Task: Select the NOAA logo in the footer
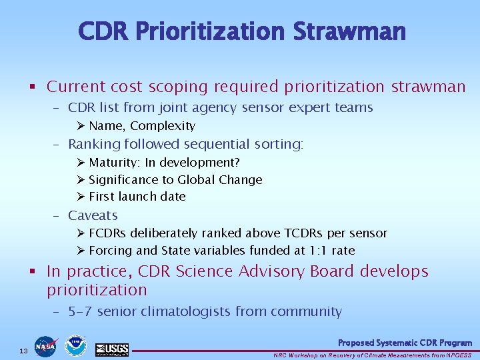75,345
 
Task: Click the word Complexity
163,126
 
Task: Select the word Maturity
112,163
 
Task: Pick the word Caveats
93,215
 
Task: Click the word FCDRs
109,233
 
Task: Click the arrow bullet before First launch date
81,197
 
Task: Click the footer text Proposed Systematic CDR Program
405,343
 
